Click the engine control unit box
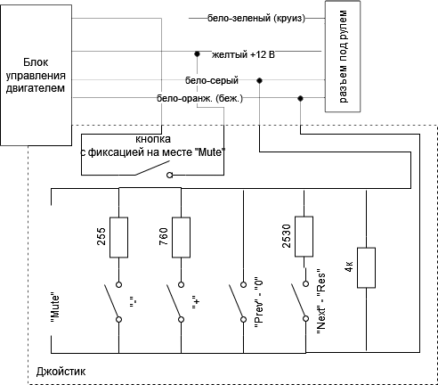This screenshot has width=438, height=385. click(36, 75)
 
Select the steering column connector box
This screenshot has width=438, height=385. click(343, 56)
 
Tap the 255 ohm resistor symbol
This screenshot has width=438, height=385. click(118, 237)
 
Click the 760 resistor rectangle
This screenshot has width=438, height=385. click(181, 237)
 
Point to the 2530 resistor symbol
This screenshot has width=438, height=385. click(304, 236)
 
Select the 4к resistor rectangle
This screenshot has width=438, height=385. click(366, 267)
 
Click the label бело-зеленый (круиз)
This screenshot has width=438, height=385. click(256, 19)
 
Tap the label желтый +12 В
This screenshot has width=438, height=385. click(243, 54)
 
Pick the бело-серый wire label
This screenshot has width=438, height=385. click(212, 80)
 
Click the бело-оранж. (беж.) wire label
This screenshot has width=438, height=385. click(199, 98)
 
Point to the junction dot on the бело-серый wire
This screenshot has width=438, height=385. click(259, 80)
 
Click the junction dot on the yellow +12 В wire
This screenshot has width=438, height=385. click(197, 54)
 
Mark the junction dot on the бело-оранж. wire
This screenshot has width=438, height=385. click(300, 98)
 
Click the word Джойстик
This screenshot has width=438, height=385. click(61, 372)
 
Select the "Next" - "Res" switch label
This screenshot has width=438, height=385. click(321, 302)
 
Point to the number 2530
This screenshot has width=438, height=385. click(287, 236)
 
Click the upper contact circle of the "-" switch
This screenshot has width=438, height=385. click(118, 284)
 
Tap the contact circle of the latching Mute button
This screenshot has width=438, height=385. click(170, 176)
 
